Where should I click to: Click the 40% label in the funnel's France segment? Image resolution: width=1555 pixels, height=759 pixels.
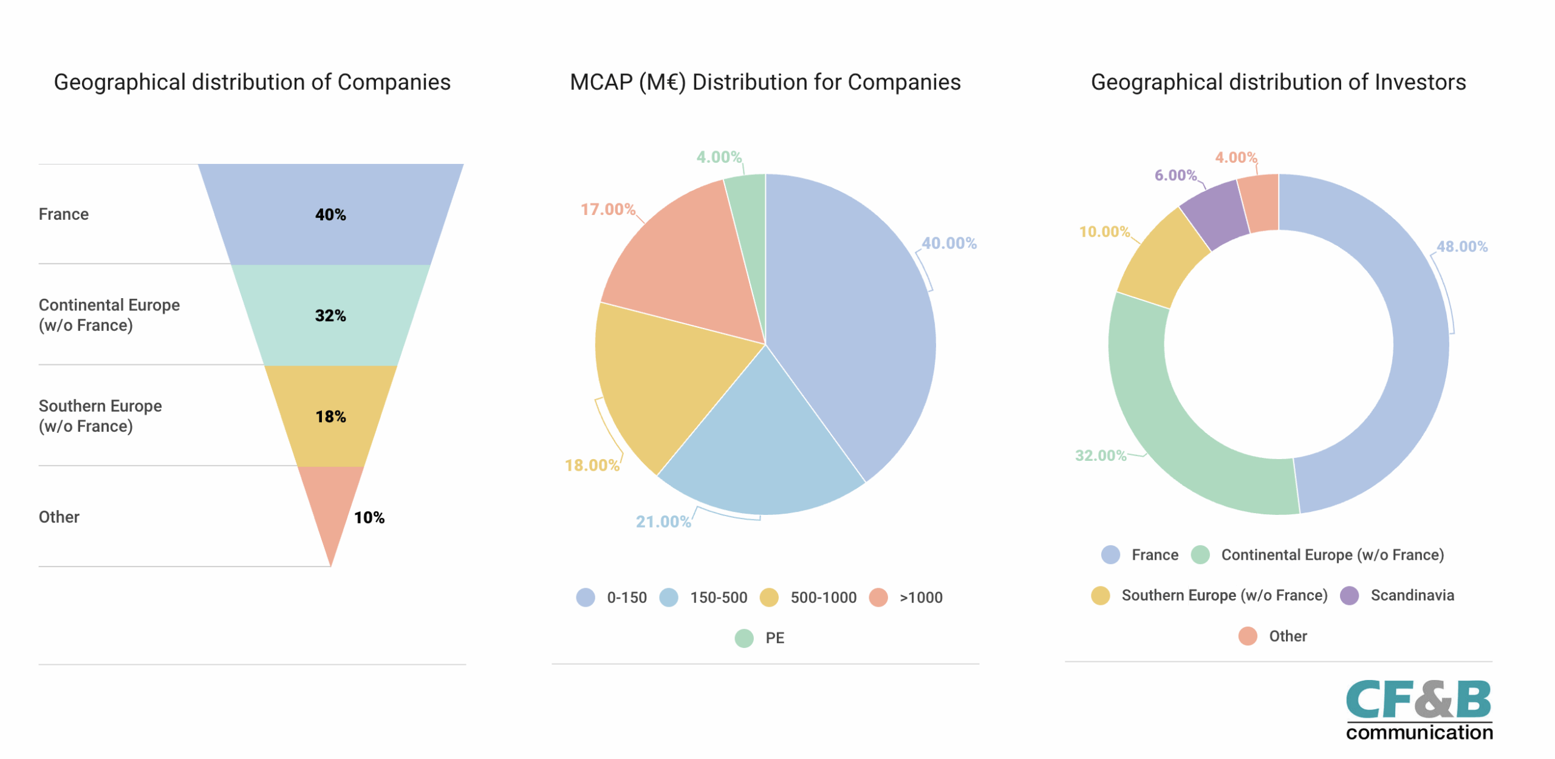pyautogui.click(x=330, y=214)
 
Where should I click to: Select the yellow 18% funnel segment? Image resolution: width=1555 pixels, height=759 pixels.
pyautogui.click(x=330, y=416)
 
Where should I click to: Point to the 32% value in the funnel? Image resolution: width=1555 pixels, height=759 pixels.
pyautogui.click(x=330, y=315)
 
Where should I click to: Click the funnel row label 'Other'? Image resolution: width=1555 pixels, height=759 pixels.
pyautogui.click(x=59, y=517)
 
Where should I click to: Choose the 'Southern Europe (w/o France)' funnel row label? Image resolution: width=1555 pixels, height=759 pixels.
pyautogui.click(x=100, y=416)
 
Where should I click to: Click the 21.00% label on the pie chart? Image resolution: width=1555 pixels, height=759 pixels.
pyautogui.click(x=663, y=522)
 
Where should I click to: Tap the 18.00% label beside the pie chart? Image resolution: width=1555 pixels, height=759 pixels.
pyautogui.click(x=592, y=465)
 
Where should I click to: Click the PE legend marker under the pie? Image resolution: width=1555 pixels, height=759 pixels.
pyautogui.click(x=744, y=638)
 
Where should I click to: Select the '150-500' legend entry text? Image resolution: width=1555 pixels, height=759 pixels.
pyautogui.click(x=719, y=597)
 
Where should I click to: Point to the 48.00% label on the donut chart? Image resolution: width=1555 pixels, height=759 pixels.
pyautogui.click(x=1461, y=247)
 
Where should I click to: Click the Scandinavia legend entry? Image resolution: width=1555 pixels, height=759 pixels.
pyautogui.click(x=1397, y=595)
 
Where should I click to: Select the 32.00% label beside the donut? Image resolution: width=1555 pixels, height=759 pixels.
pyautogui.click(x=1101, y=455)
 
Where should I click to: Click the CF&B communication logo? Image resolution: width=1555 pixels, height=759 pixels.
pyautogui.click(x=1419, y=709)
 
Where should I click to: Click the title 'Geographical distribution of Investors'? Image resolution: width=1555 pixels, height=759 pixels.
pyautogui.click(x=1278, y=82)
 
